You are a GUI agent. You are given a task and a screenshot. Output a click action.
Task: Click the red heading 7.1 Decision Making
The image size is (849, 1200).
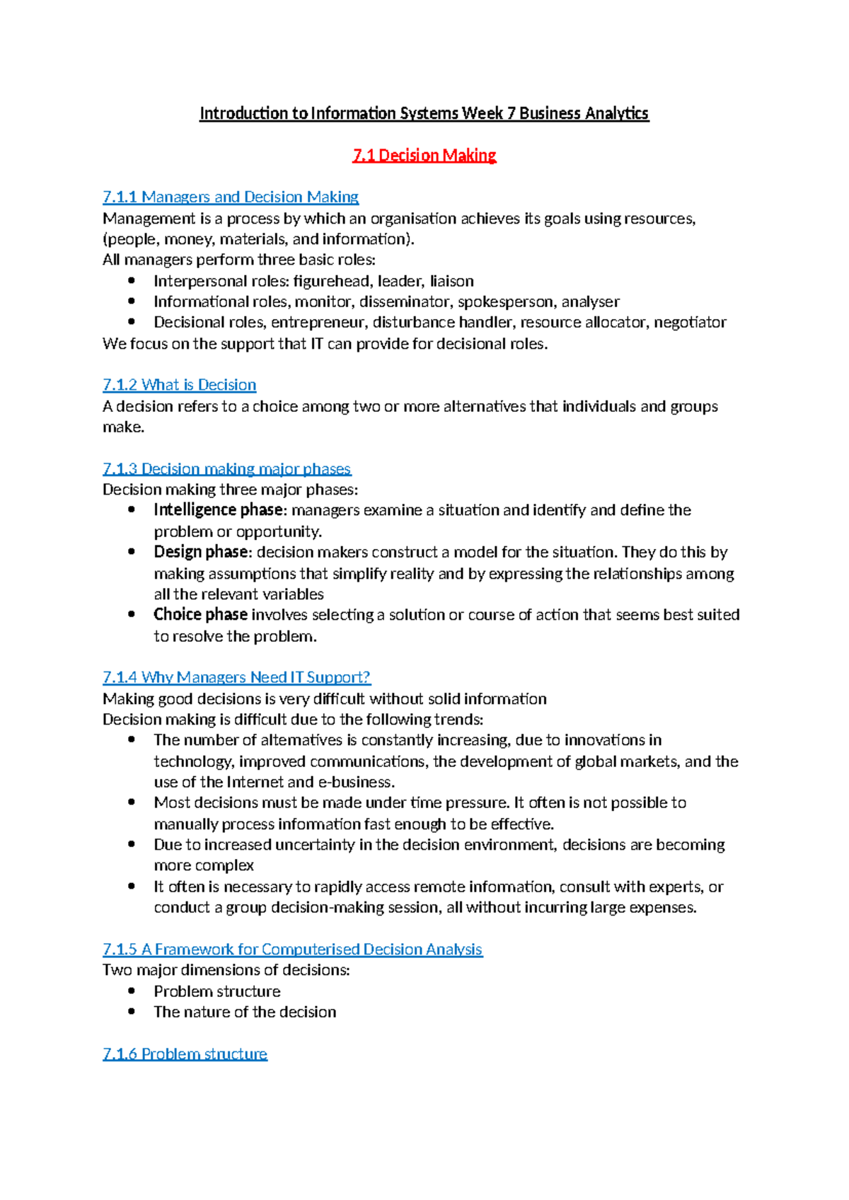(424, 155)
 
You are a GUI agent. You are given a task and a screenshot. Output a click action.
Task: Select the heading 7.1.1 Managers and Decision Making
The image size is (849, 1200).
(231, 197)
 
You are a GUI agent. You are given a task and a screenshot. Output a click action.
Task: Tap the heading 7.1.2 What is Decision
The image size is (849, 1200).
(179, 385)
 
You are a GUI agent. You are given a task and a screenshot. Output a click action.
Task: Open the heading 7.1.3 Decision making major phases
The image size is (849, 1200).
(226, 468)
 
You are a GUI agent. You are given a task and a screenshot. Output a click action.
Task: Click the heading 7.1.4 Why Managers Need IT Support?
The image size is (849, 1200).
(236, 677)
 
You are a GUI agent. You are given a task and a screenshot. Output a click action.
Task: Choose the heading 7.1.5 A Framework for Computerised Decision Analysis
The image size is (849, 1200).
(292, 949)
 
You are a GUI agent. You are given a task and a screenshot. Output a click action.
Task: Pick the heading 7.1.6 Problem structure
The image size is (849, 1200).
(185, 1054)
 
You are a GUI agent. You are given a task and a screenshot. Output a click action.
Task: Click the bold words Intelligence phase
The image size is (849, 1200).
(218, 510)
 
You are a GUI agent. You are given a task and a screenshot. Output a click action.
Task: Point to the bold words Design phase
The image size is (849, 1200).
(201, 552)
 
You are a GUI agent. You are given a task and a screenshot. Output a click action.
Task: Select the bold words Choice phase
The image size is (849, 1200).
(200, 614)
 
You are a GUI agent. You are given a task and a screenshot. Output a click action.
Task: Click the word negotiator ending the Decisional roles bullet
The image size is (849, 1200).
(690, 323)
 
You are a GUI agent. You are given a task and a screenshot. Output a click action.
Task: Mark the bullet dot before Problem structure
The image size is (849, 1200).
(132, 991)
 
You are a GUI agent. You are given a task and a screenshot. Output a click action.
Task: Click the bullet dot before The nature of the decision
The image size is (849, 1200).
(132, 1011)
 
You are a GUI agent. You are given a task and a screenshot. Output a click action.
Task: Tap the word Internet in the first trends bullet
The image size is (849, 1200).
(255, 782)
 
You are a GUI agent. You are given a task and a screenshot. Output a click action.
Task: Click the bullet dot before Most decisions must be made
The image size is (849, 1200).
(132, 802)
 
